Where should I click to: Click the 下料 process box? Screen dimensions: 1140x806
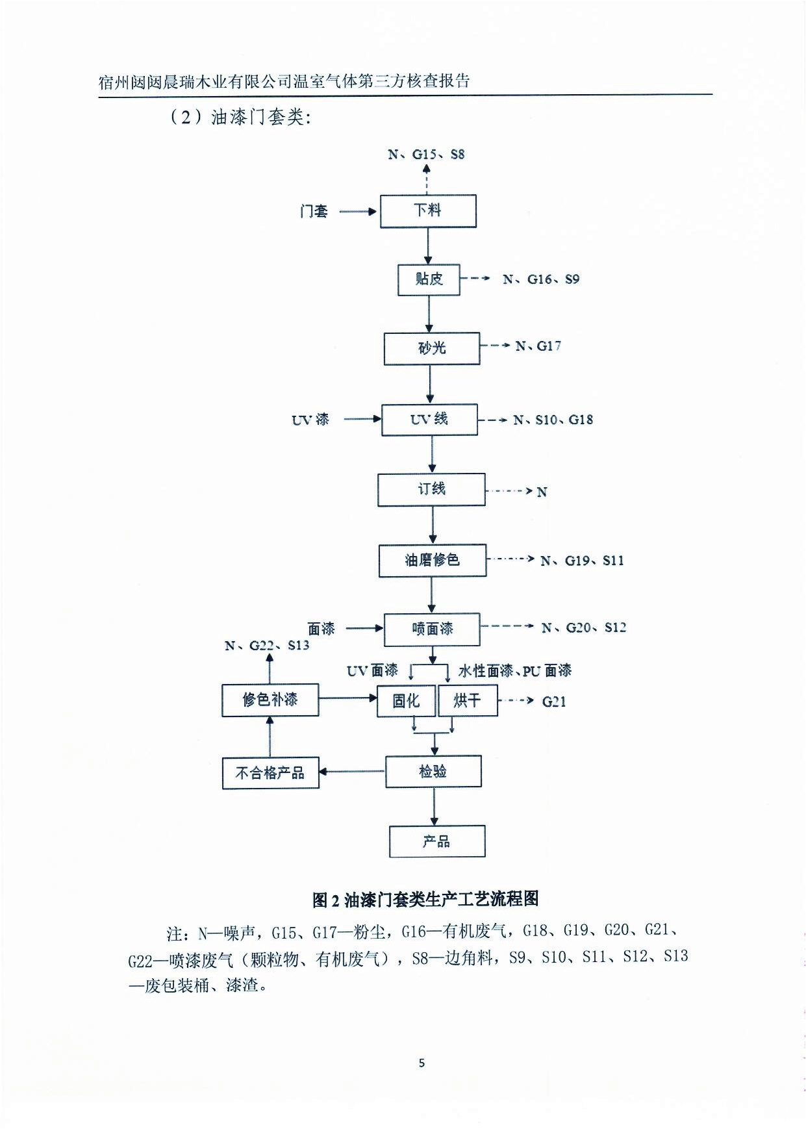click(x=428, y=211)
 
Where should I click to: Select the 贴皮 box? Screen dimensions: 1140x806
click(x=429, y=280)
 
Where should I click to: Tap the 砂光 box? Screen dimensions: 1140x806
click(x=432, y=349)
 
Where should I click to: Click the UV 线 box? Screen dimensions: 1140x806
click(x=429, y=420)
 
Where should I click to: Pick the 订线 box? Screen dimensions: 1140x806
click(x=431, y=490)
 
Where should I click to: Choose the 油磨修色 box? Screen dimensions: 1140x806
click(x=433, y=561)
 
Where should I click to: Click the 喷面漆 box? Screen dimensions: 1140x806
click(x=432, y=629)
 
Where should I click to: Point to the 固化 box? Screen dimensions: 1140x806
click(x=406, y=701)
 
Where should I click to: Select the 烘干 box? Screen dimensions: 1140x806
click(x=468, y=701)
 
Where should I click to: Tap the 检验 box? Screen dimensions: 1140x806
click(x=433, y=772)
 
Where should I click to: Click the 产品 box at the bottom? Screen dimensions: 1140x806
click(x=437, y=842)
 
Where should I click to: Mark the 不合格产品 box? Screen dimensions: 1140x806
click(x=270, y=773)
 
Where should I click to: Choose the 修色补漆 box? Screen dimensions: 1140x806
click(x=270, y=700)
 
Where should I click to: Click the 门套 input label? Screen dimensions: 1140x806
click(x=314, y=212)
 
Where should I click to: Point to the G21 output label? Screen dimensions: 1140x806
click(x=554, y=702)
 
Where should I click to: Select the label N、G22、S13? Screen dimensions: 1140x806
click(x=267, y=646)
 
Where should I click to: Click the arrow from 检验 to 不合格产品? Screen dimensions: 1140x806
click(x=352, y=772)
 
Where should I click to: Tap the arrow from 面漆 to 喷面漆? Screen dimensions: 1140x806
click(x=364, y=629)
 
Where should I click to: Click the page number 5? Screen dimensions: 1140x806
click(x=422, y=1063)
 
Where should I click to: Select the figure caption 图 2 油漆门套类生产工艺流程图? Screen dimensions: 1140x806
click(x=425, y=900)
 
